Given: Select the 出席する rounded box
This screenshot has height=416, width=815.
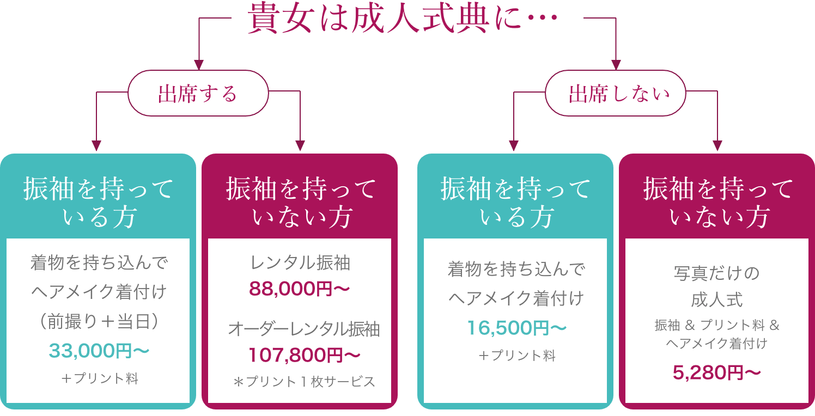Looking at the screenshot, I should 198,94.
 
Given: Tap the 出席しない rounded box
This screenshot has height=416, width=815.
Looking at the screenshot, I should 617,94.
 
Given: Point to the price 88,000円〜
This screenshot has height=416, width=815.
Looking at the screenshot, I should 299,289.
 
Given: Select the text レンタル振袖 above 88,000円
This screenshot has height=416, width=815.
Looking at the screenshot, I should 300,264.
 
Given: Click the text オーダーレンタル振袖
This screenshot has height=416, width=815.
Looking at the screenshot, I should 304,329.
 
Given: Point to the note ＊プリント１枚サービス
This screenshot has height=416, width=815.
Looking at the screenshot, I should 304,382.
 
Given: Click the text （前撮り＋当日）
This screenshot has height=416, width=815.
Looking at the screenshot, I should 99,321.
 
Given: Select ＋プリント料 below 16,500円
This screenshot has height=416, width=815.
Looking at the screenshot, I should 516,356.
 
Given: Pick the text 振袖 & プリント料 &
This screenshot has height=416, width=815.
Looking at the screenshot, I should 717,326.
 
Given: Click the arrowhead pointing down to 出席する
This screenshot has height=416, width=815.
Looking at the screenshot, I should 198,64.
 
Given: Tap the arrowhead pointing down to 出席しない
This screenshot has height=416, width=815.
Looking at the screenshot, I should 617,64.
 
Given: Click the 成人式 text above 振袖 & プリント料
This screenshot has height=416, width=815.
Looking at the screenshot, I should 717,299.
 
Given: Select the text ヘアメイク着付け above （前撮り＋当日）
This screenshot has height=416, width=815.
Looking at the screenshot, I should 99,292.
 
